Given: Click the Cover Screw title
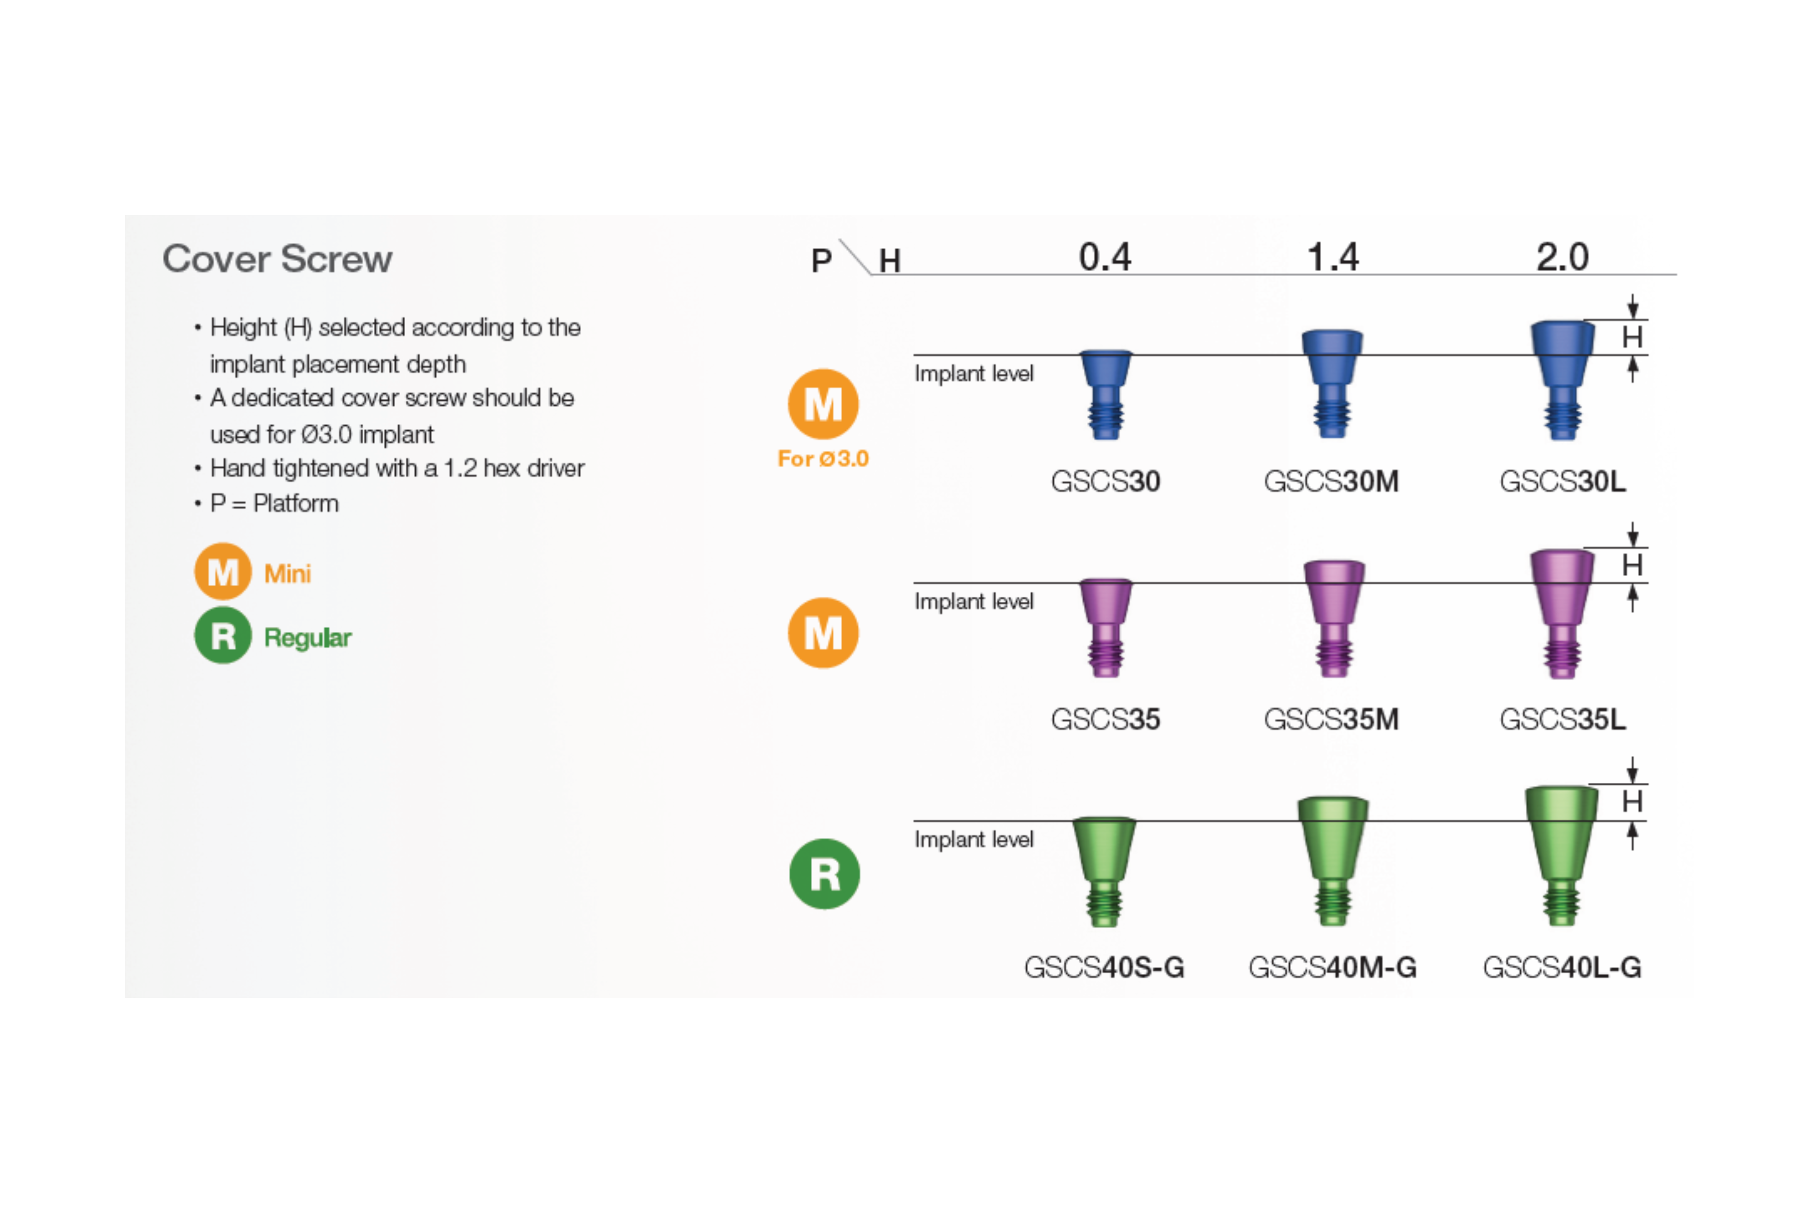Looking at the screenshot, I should (277, 258).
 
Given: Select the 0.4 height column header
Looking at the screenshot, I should (1105, 257).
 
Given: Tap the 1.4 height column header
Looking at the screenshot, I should (1332, 257).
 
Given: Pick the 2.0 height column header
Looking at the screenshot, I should (1562, 257).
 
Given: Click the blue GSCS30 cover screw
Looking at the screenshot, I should (1105, 394).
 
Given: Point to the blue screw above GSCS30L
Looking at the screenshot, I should (1562, 379).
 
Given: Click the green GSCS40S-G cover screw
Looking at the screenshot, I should (1104, 871).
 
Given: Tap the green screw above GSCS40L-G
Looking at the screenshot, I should (1562, 854).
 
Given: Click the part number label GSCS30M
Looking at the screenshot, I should (1331, 481).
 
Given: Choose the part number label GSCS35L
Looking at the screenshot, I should (1562, 720).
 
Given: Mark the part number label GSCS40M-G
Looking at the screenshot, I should (1332, 967).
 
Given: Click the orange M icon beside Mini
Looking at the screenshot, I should (223, 572).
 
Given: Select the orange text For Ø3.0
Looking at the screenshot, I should (823, 459).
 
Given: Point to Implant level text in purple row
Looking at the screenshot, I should (974, 601).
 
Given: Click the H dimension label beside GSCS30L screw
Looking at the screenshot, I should (1632, 337).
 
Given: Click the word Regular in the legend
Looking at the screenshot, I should (308, 638).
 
